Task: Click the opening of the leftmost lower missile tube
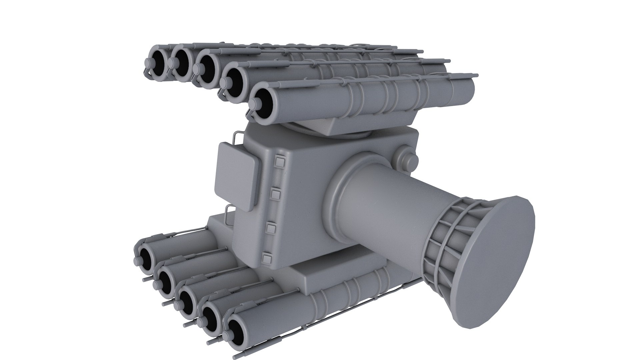(146, 258)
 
